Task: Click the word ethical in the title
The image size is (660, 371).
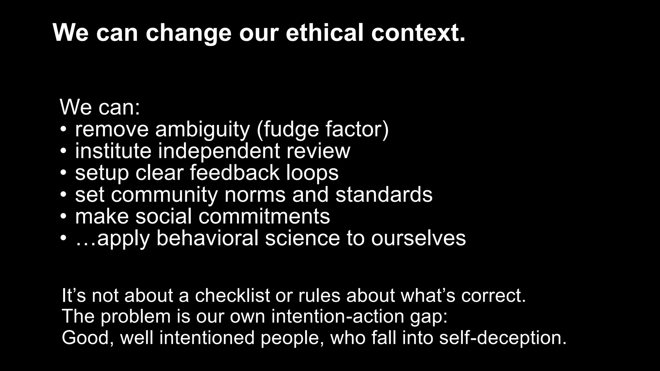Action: tap(325, 33)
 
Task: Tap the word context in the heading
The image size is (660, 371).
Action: tap(418, 33)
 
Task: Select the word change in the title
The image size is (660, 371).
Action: tap(189, 33)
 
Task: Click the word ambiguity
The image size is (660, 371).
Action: tap(202, 130)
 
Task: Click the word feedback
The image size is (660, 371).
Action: tap(234, 173)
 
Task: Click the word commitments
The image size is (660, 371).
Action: tap(264, 216)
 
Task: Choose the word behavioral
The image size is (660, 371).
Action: tap(208, 238)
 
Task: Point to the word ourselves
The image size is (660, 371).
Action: tap(418, 239)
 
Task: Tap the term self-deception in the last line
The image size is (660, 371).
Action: tap(502, 338)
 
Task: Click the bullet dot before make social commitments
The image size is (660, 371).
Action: tap(63, 216)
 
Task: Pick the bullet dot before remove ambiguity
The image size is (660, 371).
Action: tap(63, 130)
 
